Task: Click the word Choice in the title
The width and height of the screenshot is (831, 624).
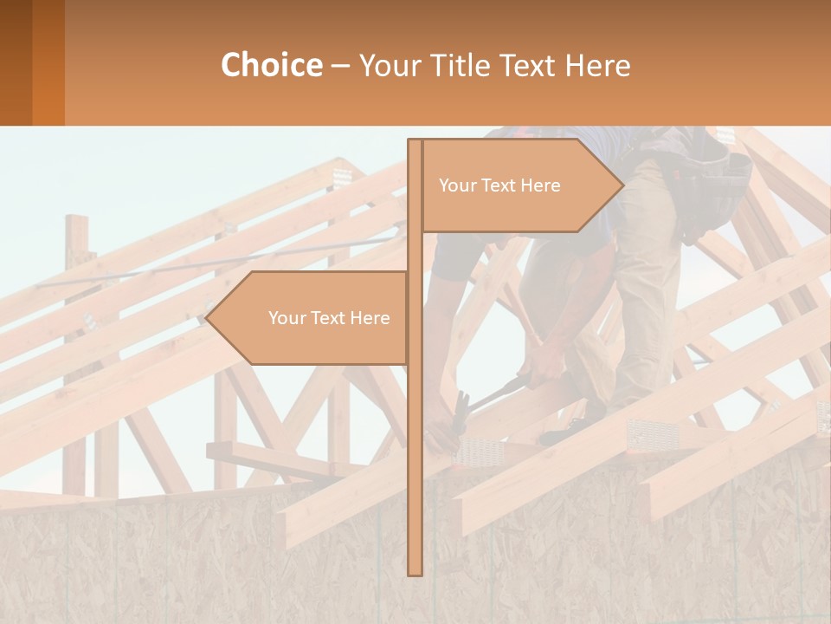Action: (271, 66)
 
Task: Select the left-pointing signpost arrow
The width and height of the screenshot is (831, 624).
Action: (312, 318)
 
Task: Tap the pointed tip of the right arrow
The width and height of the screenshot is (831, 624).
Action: (622, 185)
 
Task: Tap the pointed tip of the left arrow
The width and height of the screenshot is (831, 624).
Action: (208, 318)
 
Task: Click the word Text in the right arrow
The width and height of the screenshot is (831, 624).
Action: (499, 185)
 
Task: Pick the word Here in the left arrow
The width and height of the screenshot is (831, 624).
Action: (370, 318)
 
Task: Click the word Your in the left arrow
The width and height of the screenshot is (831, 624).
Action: (287, 318)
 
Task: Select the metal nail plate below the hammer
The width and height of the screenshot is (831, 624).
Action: (479, 449)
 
